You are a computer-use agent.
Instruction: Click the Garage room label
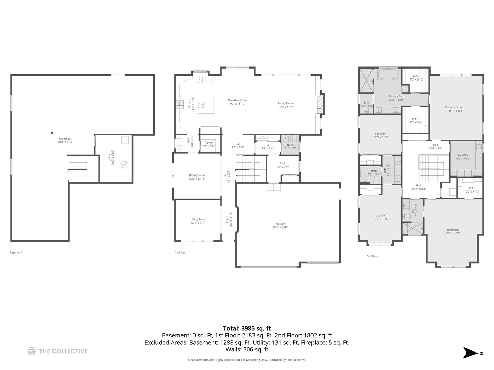click(x=280, y=225)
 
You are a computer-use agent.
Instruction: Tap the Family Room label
click(x=285, y=105)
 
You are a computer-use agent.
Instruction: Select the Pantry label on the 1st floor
click(x=209, y=144)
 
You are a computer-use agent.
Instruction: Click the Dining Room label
click(x=197, y=177)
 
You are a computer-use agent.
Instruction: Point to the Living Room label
click(x=198, y=221)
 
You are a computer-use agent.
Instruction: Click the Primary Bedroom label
click(x=456, y=109)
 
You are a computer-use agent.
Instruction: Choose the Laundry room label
click(x=463, y=157)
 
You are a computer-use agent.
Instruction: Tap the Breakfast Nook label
click(x=237, y=102)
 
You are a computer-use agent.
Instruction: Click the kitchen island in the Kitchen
click(x=206, y=104)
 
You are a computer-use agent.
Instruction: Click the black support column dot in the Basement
click(x=52, y=133)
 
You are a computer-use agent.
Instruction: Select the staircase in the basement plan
click(x=78, y=162)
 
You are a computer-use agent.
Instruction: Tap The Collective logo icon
click(x=32, y=351)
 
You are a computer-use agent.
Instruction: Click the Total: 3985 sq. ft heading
click(x=247, y=328)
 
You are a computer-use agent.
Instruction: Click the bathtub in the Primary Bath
click(x=388, y=74)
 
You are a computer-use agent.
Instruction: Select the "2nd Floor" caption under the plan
click(x=372, y=256)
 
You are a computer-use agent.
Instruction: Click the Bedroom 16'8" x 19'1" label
click(x=453, y=231)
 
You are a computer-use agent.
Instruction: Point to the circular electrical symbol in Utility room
click(x=125, y=165)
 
